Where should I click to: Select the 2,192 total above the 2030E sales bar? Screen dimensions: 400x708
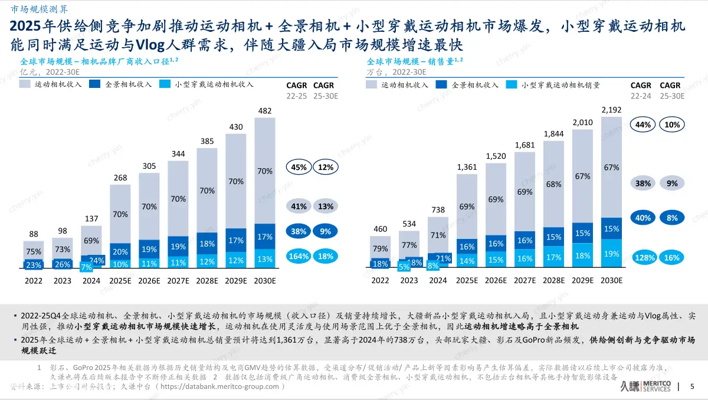coord(611,110)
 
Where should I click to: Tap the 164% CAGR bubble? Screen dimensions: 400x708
coord(298,256)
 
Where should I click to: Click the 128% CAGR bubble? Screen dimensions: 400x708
coord(644,258)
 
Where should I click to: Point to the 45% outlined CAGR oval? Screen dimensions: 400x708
coord(299,167)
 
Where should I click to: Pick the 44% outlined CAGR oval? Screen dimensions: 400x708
coord(644,124)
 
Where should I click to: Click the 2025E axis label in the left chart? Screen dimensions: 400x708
coord(120,281)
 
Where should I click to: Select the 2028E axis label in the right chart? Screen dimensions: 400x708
coord(553,281)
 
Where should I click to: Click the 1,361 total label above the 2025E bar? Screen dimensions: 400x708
coord(467,167)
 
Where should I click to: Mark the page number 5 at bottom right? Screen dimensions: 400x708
coord(691,386)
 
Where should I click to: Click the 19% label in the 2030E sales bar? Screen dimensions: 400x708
coord(611,254)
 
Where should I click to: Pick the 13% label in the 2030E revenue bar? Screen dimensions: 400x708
coord(265,259)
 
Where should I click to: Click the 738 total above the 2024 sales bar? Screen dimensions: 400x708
coord(438,210)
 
